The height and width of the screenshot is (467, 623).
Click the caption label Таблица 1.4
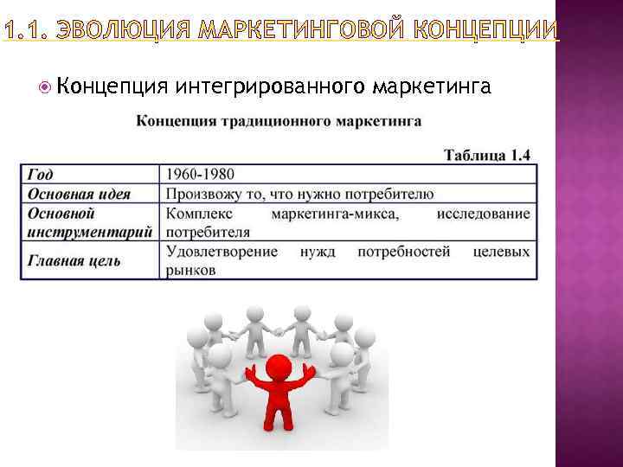(x=486, y=156)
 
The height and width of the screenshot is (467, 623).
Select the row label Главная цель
(x=74, y=260)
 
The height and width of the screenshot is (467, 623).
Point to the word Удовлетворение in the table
(x=222, y=252)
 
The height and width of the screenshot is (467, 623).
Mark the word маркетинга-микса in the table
(x=335, y=214)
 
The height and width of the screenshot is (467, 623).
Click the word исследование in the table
(x=484, y=214)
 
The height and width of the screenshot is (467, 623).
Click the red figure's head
(x=279, y=367)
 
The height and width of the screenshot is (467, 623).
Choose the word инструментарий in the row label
(x=89, y=232)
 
